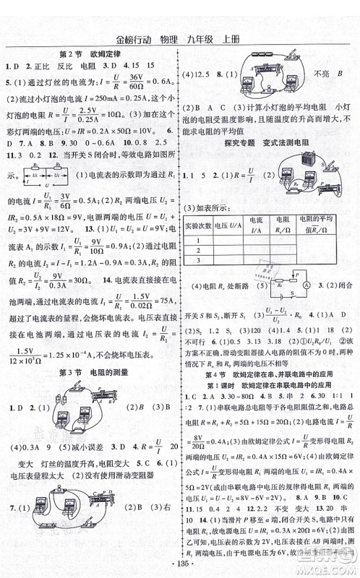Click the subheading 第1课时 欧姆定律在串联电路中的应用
pyautogui.click(x=267, y=385)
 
